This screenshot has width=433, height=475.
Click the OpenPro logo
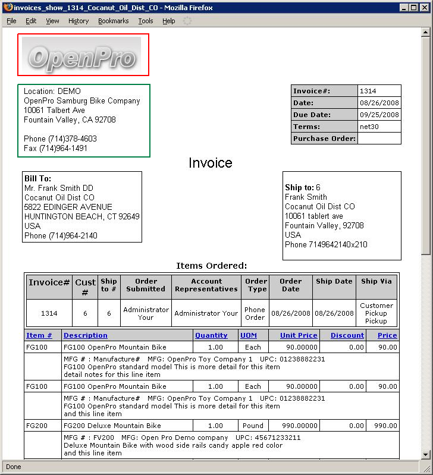click(83, 55)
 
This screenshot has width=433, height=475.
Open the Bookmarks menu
click(113, 21)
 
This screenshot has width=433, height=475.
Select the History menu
click(78, 21)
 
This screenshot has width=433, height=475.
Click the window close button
click(423, 8)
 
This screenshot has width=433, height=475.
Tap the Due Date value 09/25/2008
click(378, 115)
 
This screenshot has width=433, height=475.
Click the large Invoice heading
click(211, 163)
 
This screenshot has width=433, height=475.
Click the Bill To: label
click(37, 178)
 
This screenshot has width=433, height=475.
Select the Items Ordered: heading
click(211, 266)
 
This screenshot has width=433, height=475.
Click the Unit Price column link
click(299, 335)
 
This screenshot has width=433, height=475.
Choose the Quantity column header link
click(211, 335)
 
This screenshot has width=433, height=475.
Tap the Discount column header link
click(347, 335)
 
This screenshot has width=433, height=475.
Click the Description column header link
click(86, 335)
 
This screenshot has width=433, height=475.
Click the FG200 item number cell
click(36, 426)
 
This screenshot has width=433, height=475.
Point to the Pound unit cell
click(253, 426)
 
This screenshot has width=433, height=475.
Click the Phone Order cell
click(255, 313)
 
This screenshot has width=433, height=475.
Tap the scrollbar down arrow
click(425, 454)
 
